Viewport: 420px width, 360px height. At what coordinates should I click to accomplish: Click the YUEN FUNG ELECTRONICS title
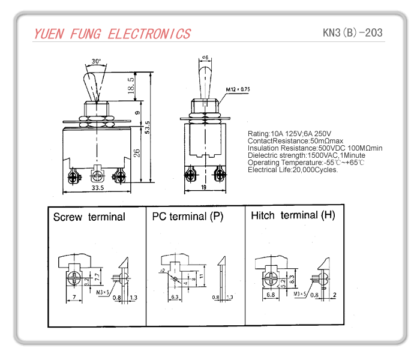(112, 34)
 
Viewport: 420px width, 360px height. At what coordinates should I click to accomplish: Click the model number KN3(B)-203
(352, 32)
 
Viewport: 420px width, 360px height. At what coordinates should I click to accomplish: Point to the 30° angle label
(97, 61)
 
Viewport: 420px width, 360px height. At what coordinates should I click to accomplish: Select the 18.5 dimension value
(131, 84)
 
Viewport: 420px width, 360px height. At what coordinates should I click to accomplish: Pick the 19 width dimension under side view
(206, 188)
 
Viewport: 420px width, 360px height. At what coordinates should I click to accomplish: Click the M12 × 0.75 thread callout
(238, 89)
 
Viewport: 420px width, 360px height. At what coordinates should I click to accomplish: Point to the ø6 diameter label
(204, 58)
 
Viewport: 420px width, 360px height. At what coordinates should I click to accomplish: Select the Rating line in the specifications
(289, 133)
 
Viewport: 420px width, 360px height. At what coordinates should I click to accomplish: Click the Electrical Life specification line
(293, 170)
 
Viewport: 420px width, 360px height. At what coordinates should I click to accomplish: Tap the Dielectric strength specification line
(302, 155)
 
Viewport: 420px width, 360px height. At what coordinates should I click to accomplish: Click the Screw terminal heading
(89, 217)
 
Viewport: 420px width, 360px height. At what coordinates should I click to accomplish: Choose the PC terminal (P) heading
(187, 217)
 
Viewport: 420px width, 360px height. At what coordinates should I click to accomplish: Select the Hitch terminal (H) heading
(293, 215)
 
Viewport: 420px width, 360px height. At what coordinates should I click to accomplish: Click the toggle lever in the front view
(92, 84)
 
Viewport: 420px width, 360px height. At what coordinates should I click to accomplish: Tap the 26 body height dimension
(137, 153)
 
